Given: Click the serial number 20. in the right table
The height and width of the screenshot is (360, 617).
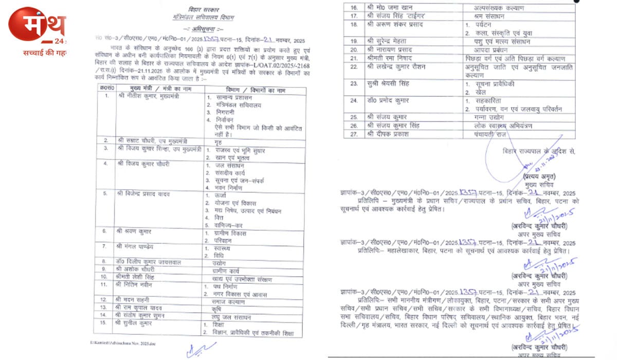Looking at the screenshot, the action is click(x=353, y=50).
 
